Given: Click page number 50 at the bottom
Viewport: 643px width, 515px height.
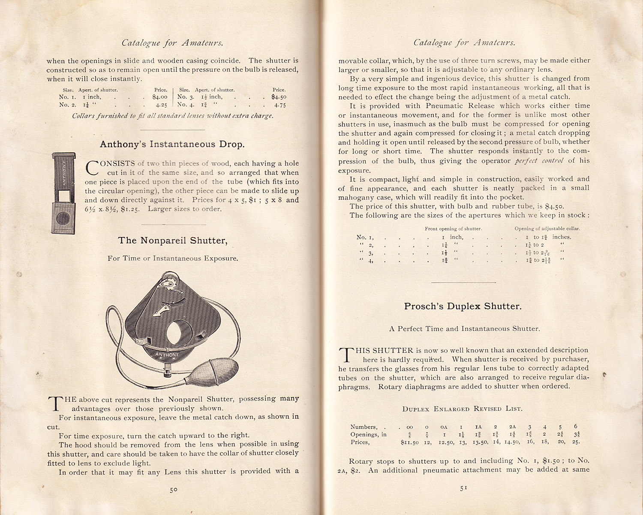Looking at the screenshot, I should coord(174,490).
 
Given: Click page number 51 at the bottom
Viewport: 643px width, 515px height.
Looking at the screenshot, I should coord(463,488).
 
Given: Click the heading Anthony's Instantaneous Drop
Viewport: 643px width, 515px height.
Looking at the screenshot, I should coord(172,144).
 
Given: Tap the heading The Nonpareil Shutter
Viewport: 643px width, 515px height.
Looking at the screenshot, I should coord(172,240).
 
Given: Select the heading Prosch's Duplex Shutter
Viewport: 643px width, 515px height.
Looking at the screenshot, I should coord(463,306).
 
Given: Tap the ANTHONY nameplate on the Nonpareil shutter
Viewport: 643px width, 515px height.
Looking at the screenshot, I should coord(167,354).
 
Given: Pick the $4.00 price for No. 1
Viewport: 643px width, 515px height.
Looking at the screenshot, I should coord(159,97).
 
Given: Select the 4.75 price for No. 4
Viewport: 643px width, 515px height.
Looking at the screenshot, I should coord(280,105).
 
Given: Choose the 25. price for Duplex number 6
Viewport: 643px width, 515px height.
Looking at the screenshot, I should coord(576,442).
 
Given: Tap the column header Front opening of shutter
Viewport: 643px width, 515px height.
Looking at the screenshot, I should coord(453,229).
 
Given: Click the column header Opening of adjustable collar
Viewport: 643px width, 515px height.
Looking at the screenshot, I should coord(547,229).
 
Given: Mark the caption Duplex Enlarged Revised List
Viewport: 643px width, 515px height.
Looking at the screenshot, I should coord(462,409).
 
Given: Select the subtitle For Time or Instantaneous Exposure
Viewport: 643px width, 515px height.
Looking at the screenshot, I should coord(173,258).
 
